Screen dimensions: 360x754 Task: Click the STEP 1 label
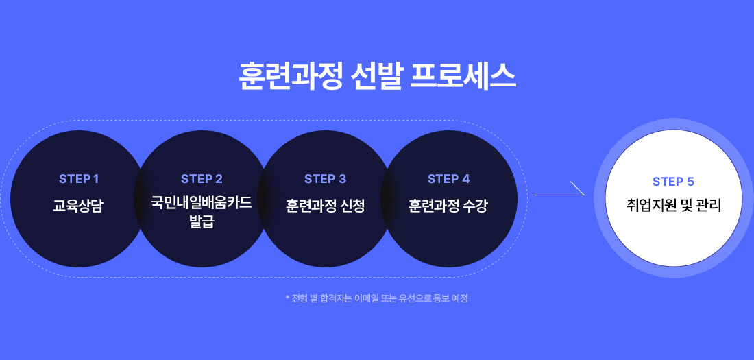[79, 179]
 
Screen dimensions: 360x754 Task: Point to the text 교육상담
[78, 205]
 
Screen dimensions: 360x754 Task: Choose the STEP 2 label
[202, 179]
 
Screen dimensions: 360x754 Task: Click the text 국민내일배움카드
[202, 203]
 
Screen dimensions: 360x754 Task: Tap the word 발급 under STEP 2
[202, 221]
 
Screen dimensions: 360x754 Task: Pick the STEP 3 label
[325, 179]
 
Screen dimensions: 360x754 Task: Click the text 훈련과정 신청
[325, 205]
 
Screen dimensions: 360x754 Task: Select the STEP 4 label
[448, 179]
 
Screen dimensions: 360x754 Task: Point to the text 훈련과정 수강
[448, 205]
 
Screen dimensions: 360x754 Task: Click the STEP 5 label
[673, 182]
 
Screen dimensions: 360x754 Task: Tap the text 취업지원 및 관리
[673, 205]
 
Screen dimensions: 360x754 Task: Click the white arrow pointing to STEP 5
[559, 189]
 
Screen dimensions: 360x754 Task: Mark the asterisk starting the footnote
[287, 298]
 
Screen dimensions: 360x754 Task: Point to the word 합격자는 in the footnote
[335, 298]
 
